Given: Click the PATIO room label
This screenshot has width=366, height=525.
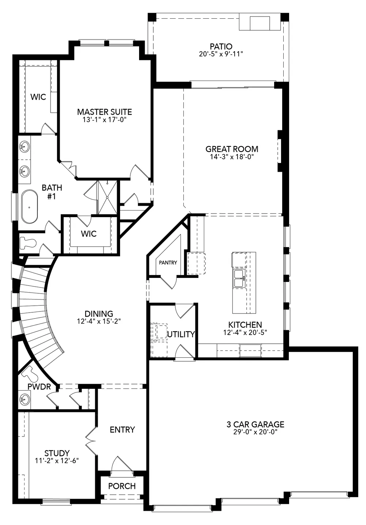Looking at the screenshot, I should pyautogui.click(x=221, y=46).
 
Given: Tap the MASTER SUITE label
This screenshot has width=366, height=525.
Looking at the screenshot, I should pyautogui.click(x=104, y=112).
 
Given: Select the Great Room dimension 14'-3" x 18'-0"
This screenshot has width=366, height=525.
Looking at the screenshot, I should pyautogui.click(x=232, y=157).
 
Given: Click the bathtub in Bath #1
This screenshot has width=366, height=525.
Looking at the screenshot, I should pyautogui.click(x=29, y=206).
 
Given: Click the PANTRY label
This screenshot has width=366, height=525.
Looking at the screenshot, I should pyautogui.click(x=168, y=262).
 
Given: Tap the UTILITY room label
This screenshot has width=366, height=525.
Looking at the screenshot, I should pyautogui.click(x=181, y=334).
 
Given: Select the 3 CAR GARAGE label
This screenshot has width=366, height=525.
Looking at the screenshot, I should pyautogui.click(x=255, y=424).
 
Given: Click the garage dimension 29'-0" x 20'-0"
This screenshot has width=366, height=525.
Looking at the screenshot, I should pyautogui.click(x=255, y=432).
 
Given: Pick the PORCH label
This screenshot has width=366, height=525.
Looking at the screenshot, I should pyautogui.click(x=122, y=486).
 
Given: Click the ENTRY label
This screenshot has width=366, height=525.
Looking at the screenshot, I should pyautogui.click(x=122, y=429).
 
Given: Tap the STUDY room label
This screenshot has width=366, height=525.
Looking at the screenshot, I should pyautogui.click(x=57, y=453).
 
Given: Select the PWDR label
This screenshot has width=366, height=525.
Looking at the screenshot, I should pyautogui.click(x=39, y=387).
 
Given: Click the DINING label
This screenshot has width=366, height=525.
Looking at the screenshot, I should pyautogui.click(x=99, y=314).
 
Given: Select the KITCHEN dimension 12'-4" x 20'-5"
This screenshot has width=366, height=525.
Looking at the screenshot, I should pyautogui.click(x=245, y=332).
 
